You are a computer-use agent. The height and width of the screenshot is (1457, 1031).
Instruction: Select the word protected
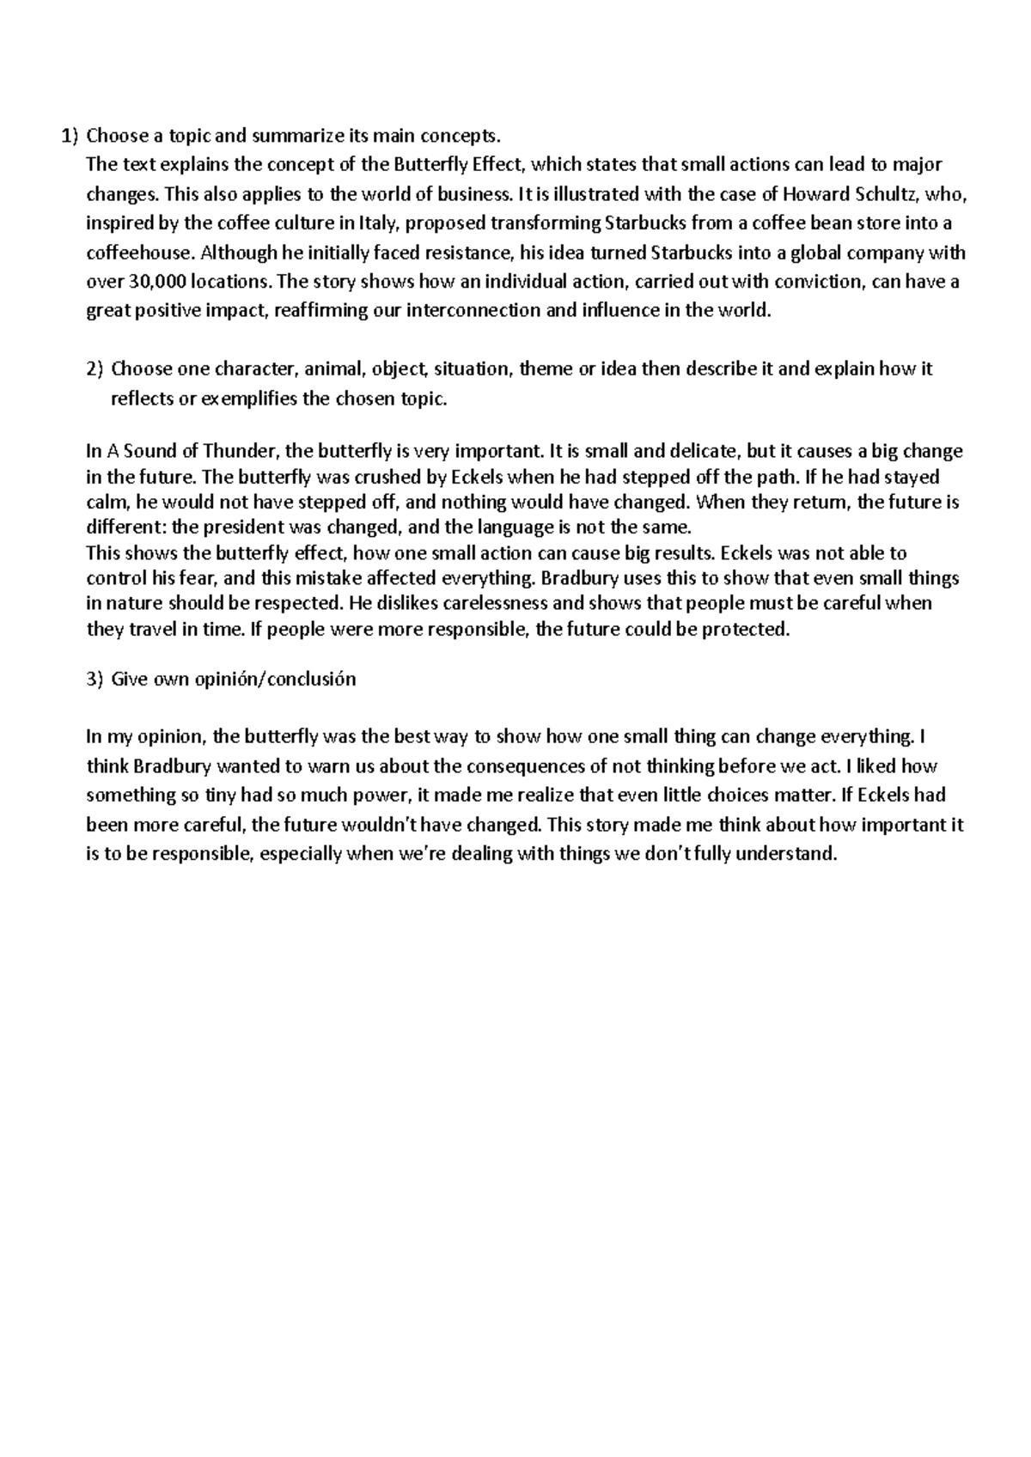[744, 629]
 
